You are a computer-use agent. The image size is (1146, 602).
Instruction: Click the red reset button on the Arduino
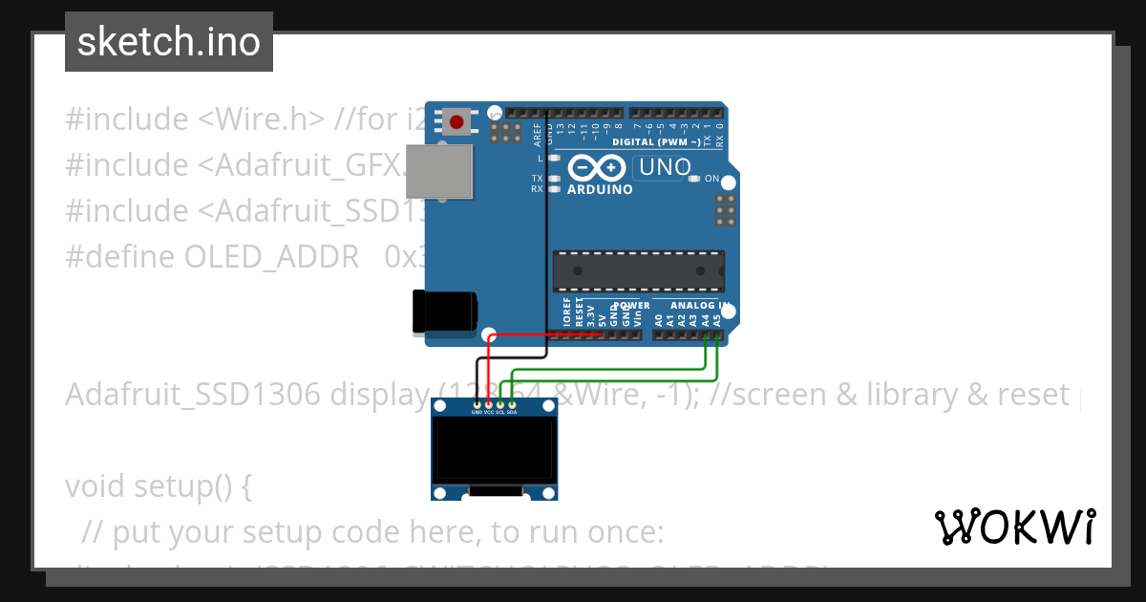(x=456, y=122)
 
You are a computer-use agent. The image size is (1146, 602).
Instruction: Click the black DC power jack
(x=443, y=312)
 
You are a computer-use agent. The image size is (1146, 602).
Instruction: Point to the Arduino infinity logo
(x=597, y=169)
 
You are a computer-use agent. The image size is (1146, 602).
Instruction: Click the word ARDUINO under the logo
(x=600, y=189)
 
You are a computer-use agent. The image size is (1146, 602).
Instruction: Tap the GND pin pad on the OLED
(x=477, y=406)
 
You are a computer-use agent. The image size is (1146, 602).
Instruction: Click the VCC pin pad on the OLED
(x=489, y=406)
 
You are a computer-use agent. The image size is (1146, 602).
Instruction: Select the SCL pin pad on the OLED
(x=500, y=406)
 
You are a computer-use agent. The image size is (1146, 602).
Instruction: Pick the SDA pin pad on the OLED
(x=513, y=406)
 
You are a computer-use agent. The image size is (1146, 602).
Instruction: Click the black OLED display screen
(x=494, y=452)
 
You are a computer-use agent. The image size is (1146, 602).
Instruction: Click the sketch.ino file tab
(x=169, y=42)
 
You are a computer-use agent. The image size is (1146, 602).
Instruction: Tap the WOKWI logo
(x=1015, y=527)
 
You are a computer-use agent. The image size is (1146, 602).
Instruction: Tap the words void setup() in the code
(x=158, y=486)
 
